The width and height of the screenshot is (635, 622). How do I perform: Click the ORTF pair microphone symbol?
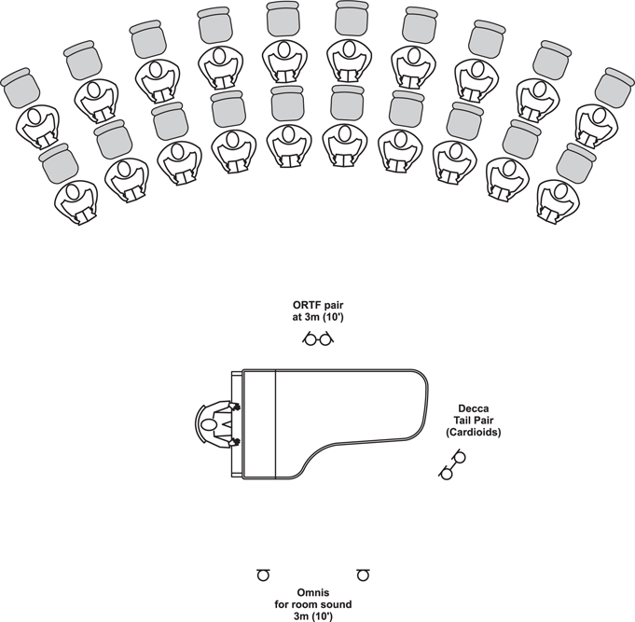pyautogui.click(x=318, y=339)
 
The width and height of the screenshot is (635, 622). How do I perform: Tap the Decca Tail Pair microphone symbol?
pyautogui.click(x=452, y=464)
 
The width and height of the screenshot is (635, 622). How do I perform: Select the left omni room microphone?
pyautogui.click(x=263, y=574)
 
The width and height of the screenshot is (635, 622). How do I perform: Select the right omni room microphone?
pyautogui.click(x=363, y=574)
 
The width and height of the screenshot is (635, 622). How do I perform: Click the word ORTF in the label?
pyautogui.click(x=306, y=305)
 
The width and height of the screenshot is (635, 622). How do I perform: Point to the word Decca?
pyautogui.click(x=474, y=408)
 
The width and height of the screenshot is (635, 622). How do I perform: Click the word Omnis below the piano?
pyautogui.click(x=313, y=593)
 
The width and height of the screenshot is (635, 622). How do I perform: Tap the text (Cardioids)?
pyautogui.click(x=474, y=433)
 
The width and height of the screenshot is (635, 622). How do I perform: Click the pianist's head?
pyautogui.click(x=208, y=425)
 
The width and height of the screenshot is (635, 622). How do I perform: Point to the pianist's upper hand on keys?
pyautogui.click(x=235, y=407)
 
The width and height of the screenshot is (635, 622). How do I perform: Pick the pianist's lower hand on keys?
pyautogui.click(x=235, y=442)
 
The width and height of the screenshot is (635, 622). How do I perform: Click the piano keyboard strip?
pyautogui.click(x=236, y=424)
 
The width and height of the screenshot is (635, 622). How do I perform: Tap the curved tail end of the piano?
pyautogui.click(x=426, y=405)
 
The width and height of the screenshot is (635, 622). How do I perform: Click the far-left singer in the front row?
pyautogui.click(x=76, y=202)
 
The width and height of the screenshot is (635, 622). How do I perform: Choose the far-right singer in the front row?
pyautogui.click(x=558, y=201)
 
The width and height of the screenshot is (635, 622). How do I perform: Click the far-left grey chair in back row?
pyautogui.click(x=21, y=88)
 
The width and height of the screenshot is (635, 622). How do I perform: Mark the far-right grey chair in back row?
pyautogui.click(x=614, y=88)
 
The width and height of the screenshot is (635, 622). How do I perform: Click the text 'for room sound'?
pyautogui.click(x=313, y=604)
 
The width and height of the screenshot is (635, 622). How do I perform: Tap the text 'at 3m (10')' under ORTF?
pyautogui.click(x=318, y=317)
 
